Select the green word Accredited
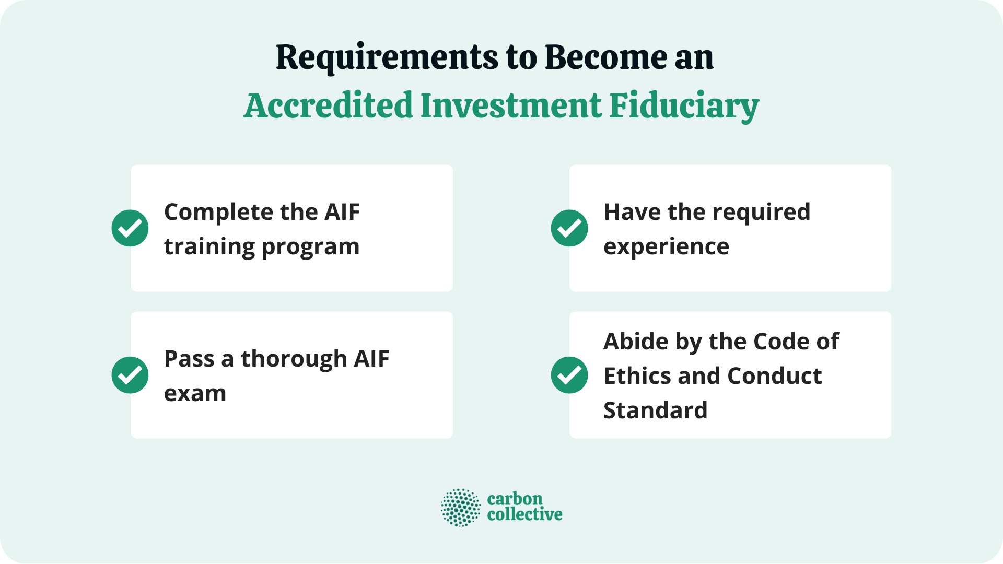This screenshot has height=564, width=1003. tap(329, 105)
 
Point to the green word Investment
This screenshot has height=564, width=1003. tap(511, 105)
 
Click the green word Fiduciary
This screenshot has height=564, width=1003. tap(684, 107)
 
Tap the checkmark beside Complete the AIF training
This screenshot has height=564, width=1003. tap(130, 228)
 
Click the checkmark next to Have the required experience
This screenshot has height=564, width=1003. tap(569, 228)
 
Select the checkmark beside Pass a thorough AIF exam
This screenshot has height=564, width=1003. tap(130, 375)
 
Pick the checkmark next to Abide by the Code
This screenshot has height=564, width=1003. tap(569, 375)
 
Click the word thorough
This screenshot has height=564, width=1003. tap(294, 359)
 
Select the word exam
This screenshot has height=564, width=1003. tap(195, 394)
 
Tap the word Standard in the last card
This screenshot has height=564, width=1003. tap(655, 410)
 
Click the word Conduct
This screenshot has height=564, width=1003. tap(774, 376)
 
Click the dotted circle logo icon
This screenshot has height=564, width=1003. tap(460, 507)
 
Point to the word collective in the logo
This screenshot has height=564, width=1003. tap(524, 515)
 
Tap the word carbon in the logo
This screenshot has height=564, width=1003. tap(515, 499)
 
